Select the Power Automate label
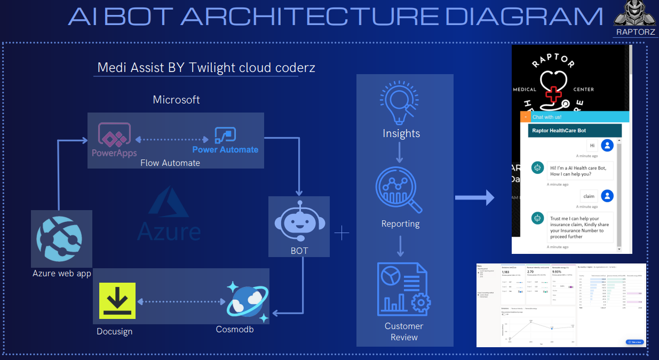click(225, 150)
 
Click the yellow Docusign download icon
click(117, 301)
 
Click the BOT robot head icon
click(299, 220)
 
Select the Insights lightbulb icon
click(400, 102)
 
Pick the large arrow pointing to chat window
click(474, 198)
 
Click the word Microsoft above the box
click(176, 100)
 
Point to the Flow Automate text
click(170, 163)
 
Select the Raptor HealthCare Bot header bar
click(575, 130)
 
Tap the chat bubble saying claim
click(589, 196)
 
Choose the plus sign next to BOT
click(342, 233)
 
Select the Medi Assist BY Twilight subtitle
click(206, 68)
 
